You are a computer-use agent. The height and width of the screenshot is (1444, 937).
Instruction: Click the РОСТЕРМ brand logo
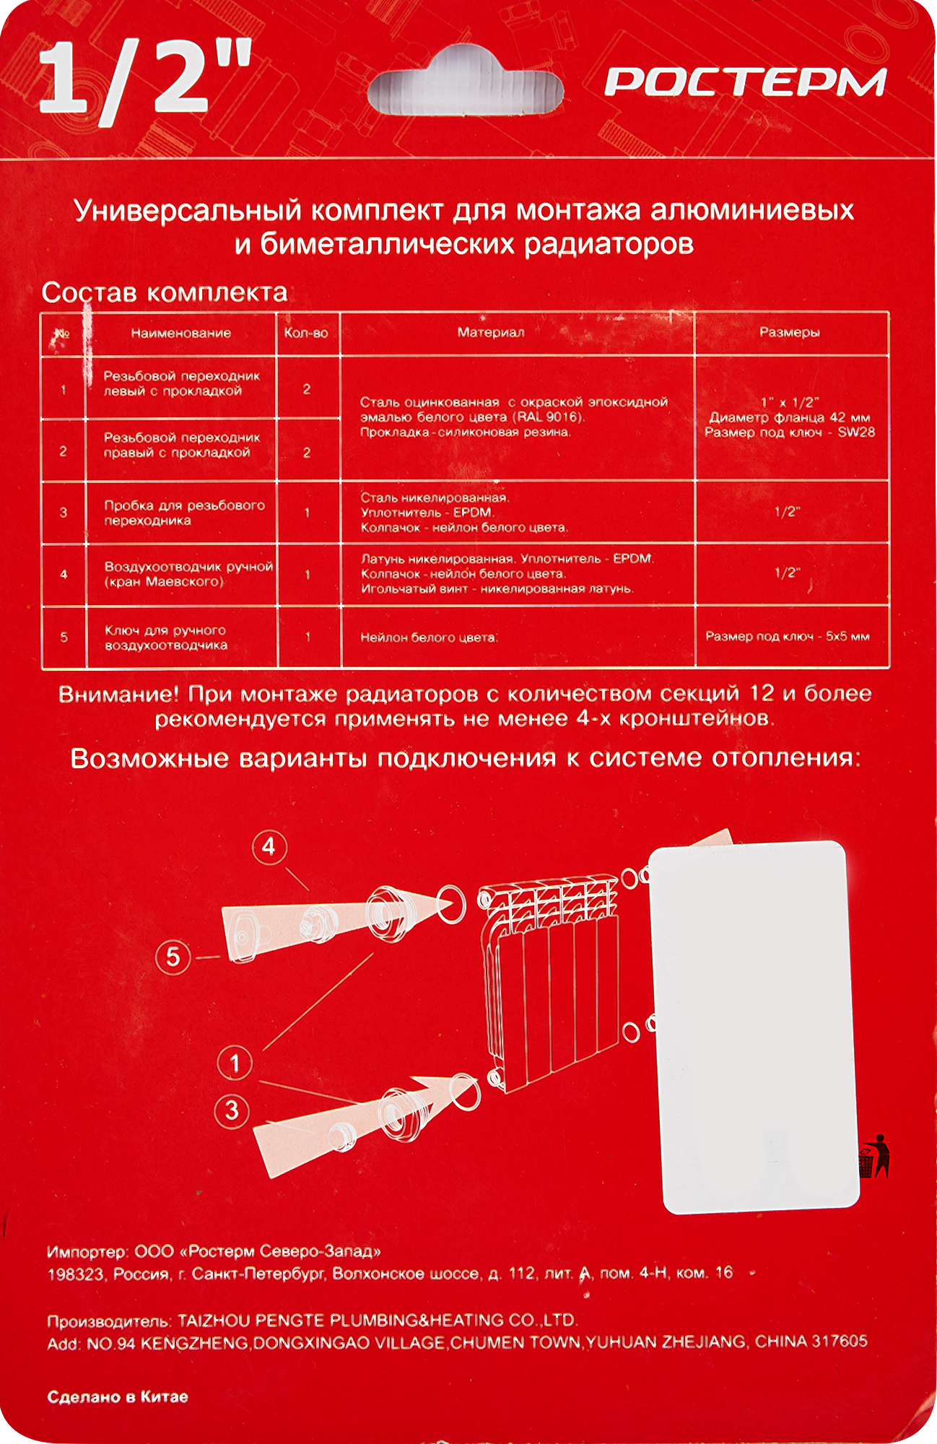click(x=745, y=82)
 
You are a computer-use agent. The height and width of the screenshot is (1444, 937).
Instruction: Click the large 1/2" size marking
click(x=144, y=79)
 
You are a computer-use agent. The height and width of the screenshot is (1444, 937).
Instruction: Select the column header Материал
click(x=491, y=332)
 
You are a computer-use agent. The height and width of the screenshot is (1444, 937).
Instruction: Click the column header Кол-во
click(x=306, y=333)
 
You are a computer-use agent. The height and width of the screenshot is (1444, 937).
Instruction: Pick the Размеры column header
click(x=789, y=332)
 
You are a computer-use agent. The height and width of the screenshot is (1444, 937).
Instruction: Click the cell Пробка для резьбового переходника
click(x=184, y=513)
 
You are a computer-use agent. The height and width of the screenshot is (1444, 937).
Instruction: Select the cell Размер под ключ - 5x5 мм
click(x=787, y=636)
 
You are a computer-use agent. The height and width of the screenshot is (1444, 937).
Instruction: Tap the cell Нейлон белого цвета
click(x=430, y=638)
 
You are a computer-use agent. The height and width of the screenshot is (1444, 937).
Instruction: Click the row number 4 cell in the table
click(x=64, y=575)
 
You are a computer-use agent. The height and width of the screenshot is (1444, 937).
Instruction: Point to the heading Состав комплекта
click(x=164, y=292)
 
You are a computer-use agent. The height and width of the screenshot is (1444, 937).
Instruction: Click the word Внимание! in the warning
click(x=118, y=695)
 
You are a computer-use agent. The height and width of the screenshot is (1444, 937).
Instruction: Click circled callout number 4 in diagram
click(x=269, y=846)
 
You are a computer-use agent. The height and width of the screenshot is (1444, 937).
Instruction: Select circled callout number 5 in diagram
click(x=173, y=957)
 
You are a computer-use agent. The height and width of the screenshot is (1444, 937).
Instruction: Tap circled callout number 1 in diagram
click(x=235, y=1063)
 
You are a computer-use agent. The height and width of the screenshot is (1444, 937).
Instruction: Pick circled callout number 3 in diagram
click(x=232, y=1110)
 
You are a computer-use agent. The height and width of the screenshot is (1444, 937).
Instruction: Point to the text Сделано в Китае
click(x=118, y=1397)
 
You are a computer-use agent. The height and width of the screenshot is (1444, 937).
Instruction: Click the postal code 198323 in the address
click(x=75, y=1274)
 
